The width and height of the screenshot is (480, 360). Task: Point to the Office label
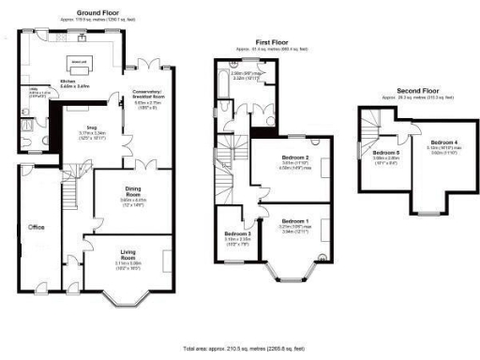[x=37, y=227]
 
